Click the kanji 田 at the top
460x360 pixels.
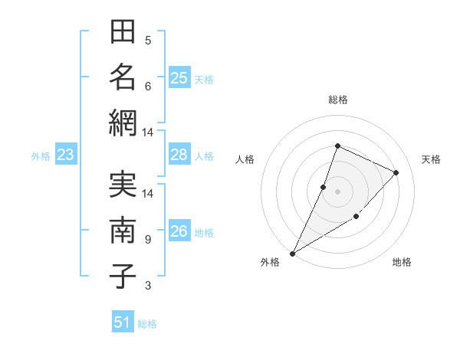click(x=123, y=34)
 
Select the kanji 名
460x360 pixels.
click(x=123, y=77)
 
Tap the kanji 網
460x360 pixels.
click(x=123, y=122)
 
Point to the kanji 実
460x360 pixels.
click(x=123, y=186)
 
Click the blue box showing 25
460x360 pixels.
click(x=179, y=78)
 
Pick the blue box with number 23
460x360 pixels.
click(x=66, y=155)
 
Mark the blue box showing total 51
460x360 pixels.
click(x=123, y=322)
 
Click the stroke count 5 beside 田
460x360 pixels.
click(x=148, y=41)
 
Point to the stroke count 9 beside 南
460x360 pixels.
click(x=148, y=240)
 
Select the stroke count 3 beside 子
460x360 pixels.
click(x=148, y=286)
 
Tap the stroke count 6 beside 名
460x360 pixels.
click(x=148, y=86)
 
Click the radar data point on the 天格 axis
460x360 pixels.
click(x=396, y=172)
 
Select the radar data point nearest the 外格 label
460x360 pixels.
click(x=292, y=253)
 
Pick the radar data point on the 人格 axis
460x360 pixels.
click(x=324, y=187)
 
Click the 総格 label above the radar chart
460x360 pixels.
click(x=337, y=100)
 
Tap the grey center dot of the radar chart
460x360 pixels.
click(x=337, y=191)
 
